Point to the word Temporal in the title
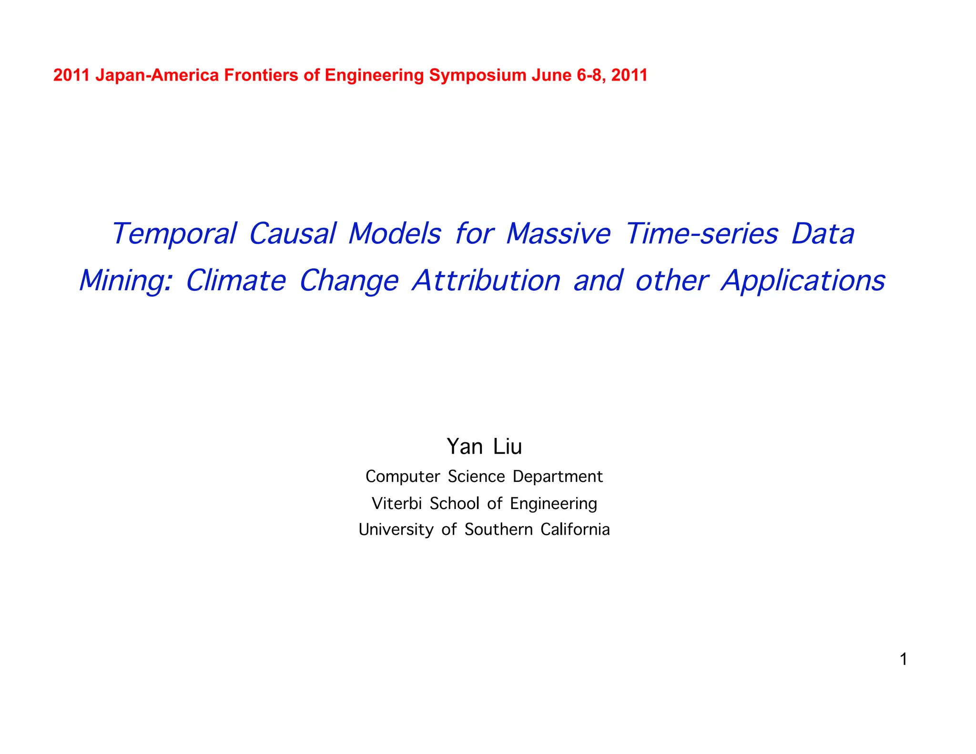(174, 234)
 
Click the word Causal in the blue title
(292, 234)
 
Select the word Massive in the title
(558, 234)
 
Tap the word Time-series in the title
(701, 234)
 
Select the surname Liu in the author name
(507, 447)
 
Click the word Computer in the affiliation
(403, 477)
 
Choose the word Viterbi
(396, 503)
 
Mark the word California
(575, 530)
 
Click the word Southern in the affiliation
(498, 530)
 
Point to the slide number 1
(903, 660)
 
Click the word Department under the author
(558, 477)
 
